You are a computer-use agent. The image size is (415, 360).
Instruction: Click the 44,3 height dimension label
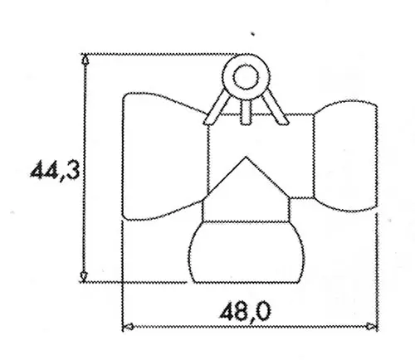click(x=55, y=171)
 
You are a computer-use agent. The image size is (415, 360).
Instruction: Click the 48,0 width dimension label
click(x=246, y=310)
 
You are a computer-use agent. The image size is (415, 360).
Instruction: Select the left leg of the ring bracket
click(x=217, y=107)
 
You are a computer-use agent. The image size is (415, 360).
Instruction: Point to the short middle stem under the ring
click(x=246, y=112)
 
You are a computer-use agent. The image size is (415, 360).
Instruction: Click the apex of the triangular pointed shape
click(x=246, y=157)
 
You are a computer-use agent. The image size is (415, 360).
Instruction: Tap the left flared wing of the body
click(x=164, y=157)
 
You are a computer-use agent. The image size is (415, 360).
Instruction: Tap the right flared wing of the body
click(x=345, y=156)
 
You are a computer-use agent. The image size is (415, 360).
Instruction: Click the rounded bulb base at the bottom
click(x=246, y=251)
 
